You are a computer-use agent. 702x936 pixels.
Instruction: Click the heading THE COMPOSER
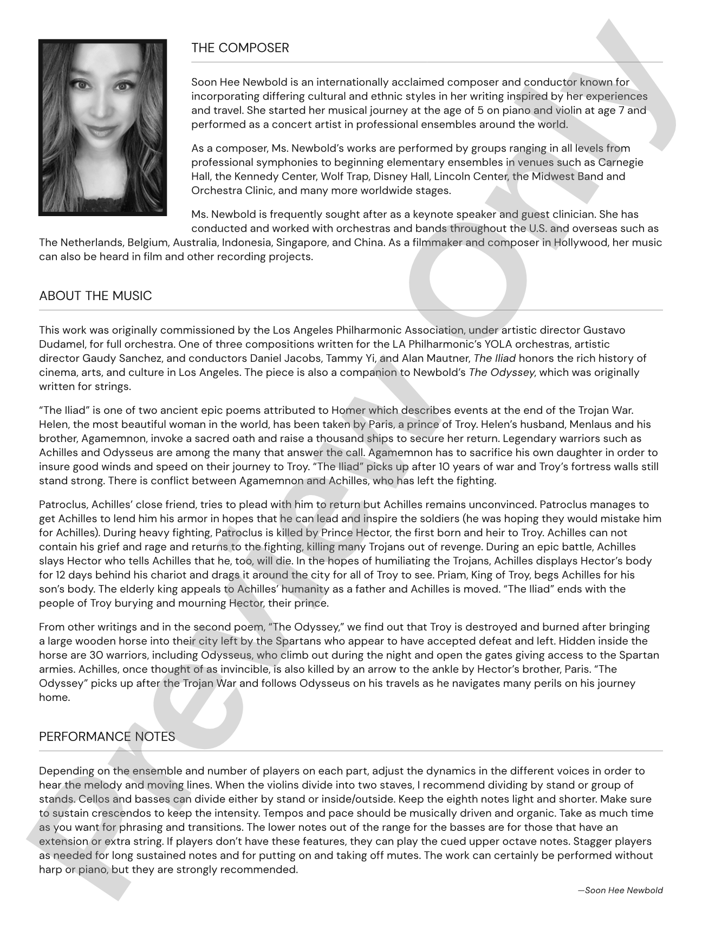tap(240, 48)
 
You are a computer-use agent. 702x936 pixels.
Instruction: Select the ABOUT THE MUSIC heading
tap(95, 296)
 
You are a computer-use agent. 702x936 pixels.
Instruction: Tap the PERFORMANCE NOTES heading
tap(107, 737)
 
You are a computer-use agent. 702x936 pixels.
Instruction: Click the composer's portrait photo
tap(102, 127)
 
